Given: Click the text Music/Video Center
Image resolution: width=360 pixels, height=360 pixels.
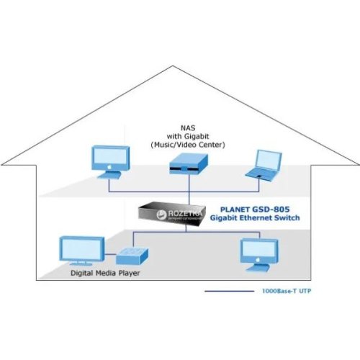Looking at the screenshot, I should [189, 145].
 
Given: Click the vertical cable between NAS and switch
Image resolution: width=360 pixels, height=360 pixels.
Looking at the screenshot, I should [189, 191].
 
